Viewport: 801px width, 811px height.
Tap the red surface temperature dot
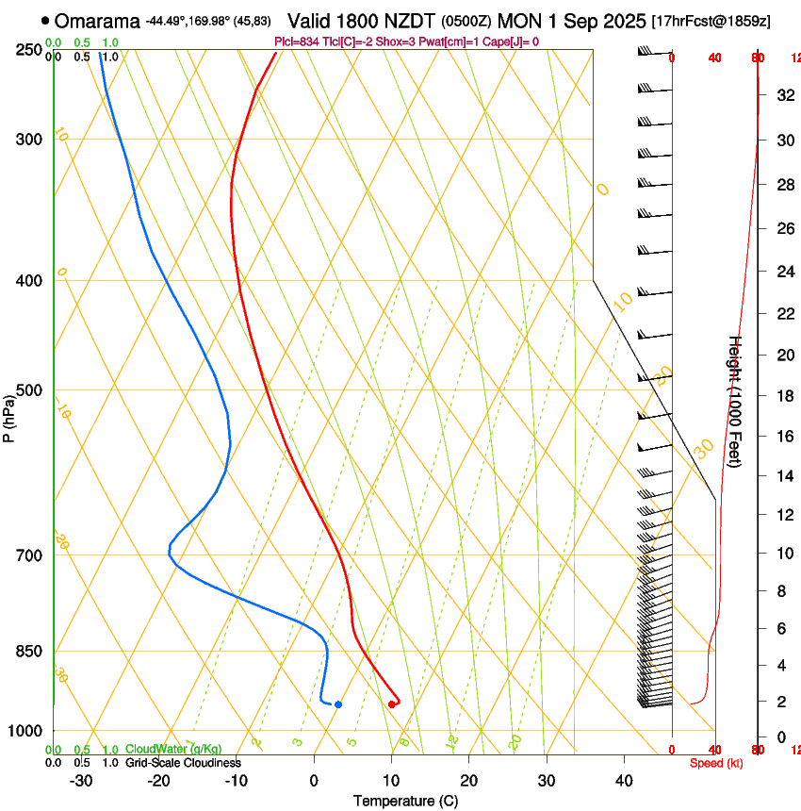click(392, 704)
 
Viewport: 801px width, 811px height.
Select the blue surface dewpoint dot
click(338, 704)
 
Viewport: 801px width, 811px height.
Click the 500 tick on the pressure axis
click(29, 390)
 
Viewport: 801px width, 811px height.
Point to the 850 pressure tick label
click(29, 651)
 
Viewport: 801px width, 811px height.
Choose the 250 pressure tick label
click(29, 50)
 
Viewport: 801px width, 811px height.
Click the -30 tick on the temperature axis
click(81, 780)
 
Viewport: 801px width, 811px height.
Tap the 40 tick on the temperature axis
click(624, 780)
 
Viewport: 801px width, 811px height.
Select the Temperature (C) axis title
click(405, 801)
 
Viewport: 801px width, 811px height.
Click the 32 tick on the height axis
click(783, 94)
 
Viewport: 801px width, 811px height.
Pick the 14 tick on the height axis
click(783, 476)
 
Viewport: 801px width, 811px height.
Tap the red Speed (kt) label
click(715, 763)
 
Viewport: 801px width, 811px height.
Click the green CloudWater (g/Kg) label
click(173, 750)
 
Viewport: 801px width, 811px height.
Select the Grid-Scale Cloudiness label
click(183, 763)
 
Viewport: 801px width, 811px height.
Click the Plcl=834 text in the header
click(295, 41)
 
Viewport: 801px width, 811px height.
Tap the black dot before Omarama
click(45, 21)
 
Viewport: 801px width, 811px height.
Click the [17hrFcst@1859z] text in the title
click(711, 21)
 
